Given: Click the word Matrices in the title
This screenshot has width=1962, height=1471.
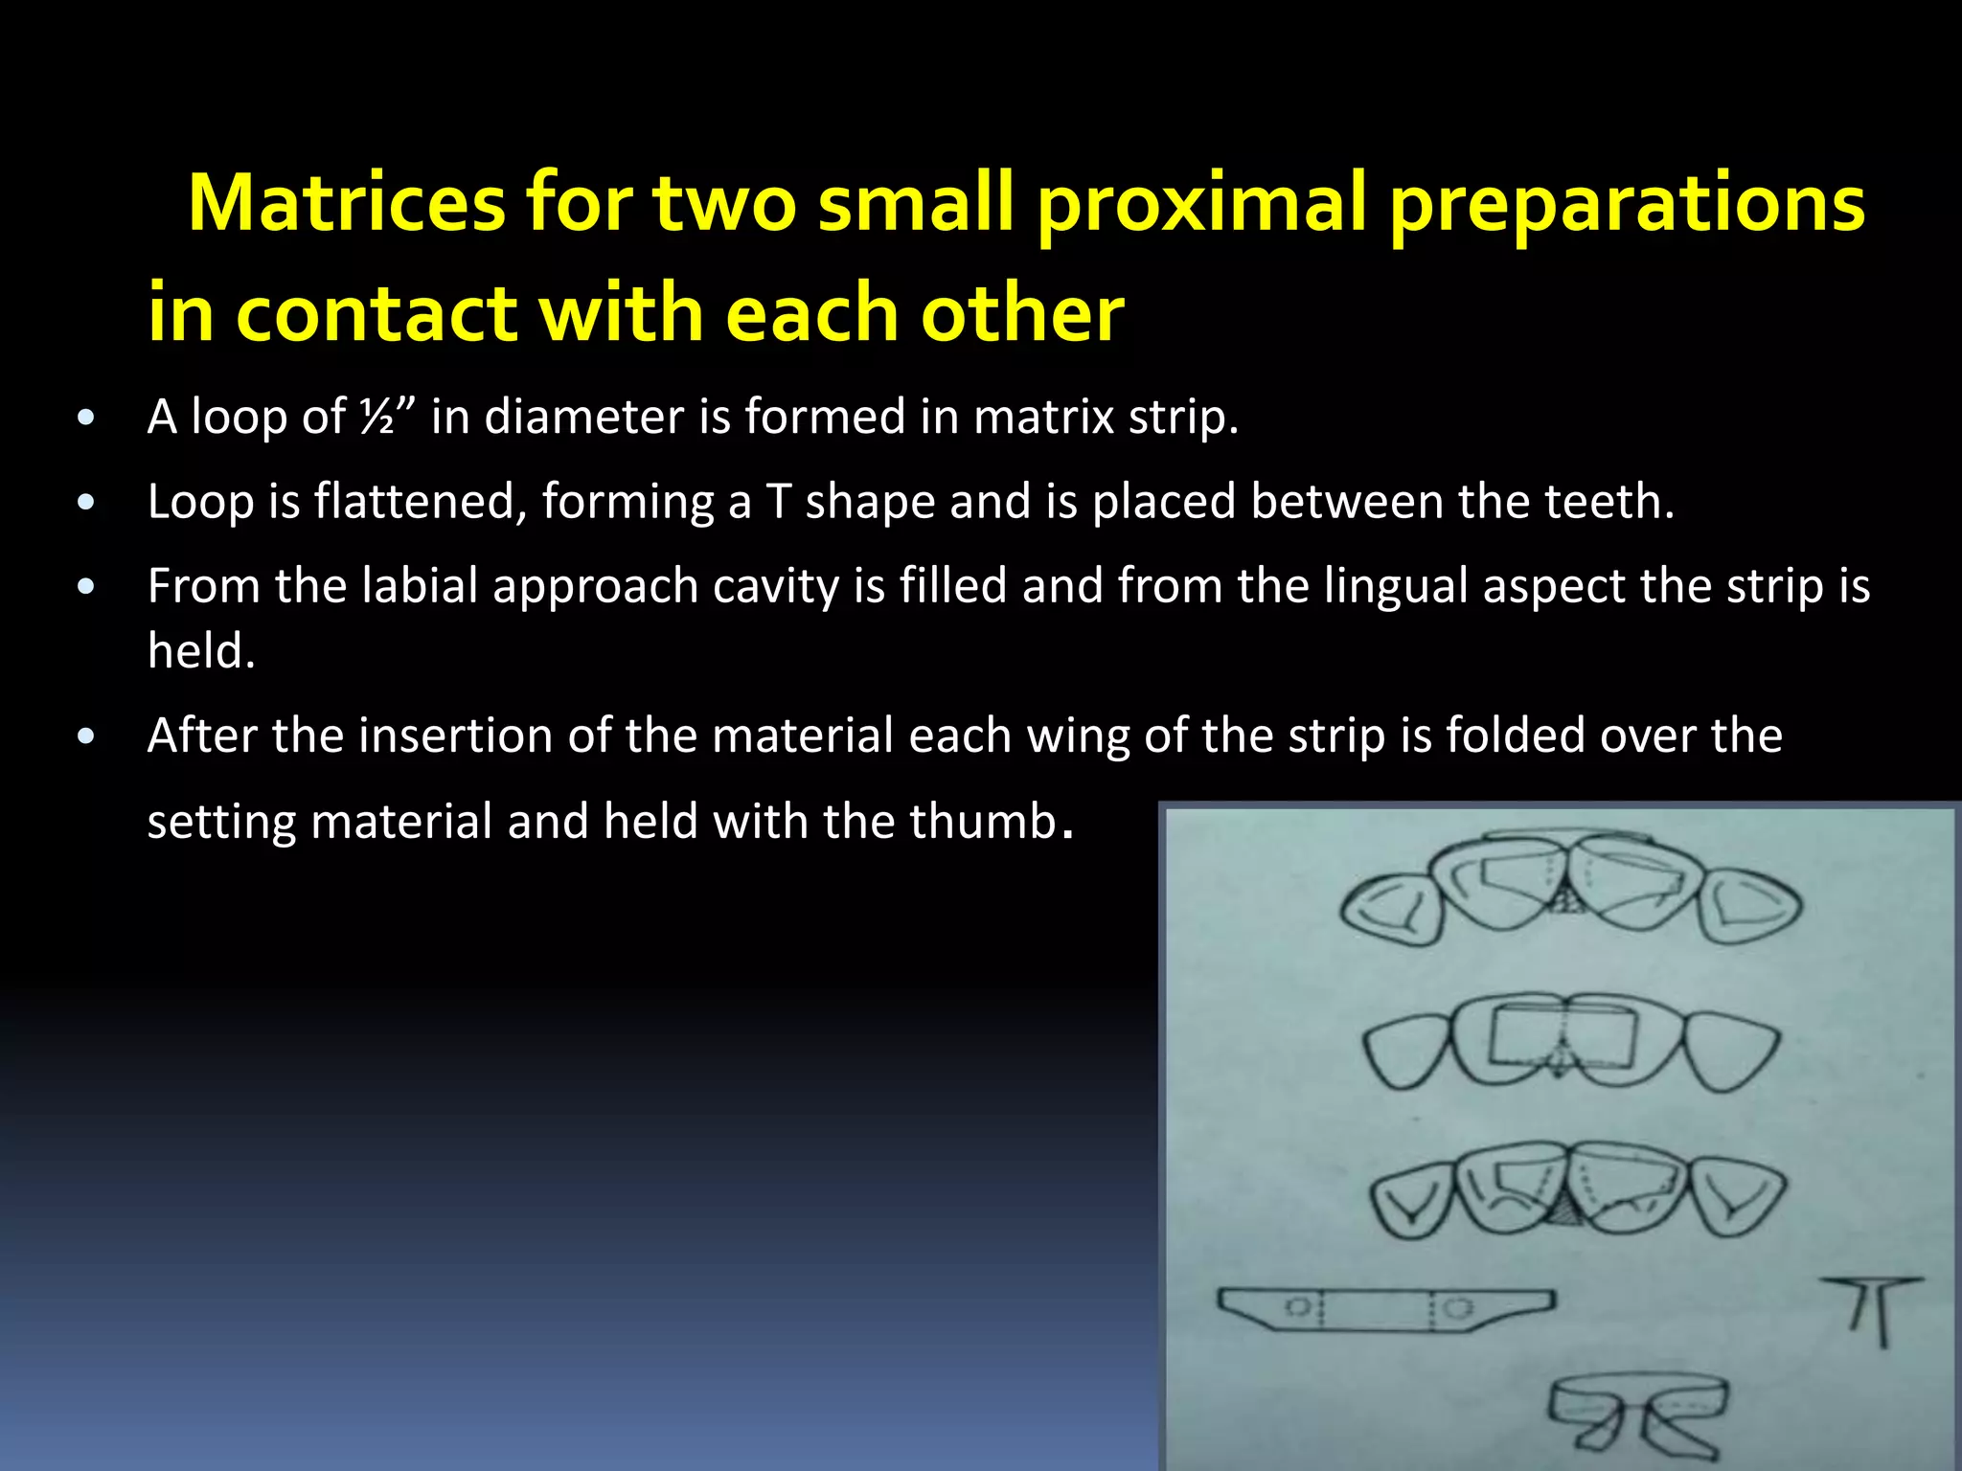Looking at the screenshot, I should click(346, 203).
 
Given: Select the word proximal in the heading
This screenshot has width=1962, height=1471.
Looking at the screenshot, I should click(1201, 203).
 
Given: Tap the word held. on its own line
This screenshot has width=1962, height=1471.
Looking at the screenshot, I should click(202, 651).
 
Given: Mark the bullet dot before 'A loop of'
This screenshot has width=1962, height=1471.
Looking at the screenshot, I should click(86, 418).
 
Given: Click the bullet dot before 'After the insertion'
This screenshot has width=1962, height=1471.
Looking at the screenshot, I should click(86, 736).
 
